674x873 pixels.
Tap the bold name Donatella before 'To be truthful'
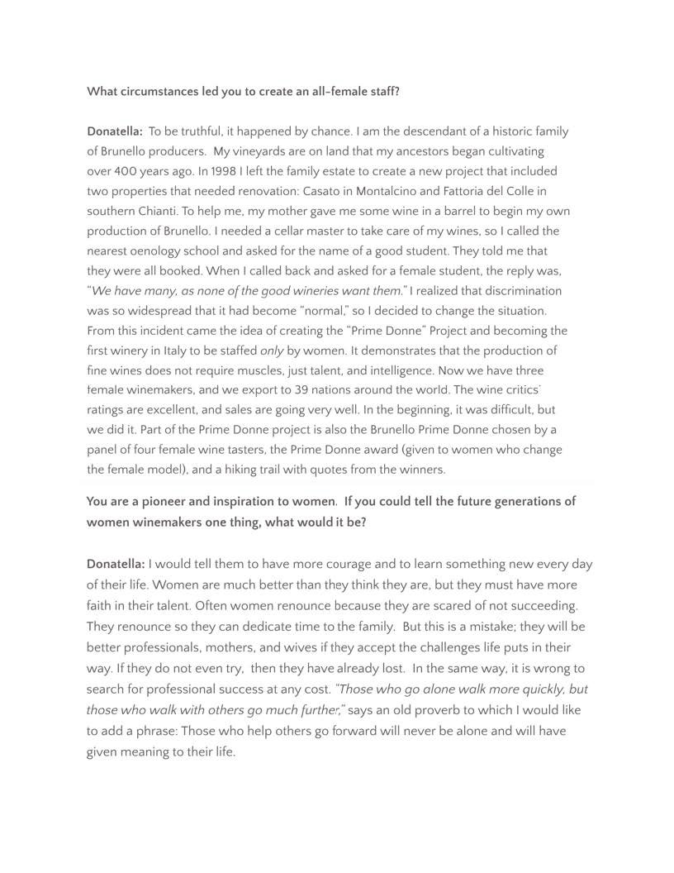114,131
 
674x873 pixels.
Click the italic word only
272,351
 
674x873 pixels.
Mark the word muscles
324,370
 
